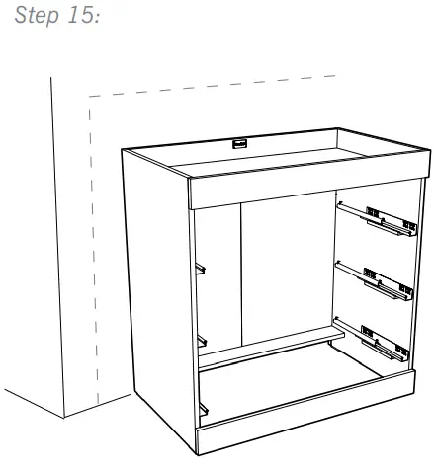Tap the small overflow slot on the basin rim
[x=237, y=143]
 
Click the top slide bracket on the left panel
[x=201, y=267]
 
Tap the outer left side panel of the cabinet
[x=158, y=296]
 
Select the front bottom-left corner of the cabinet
[x=200, y=457]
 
